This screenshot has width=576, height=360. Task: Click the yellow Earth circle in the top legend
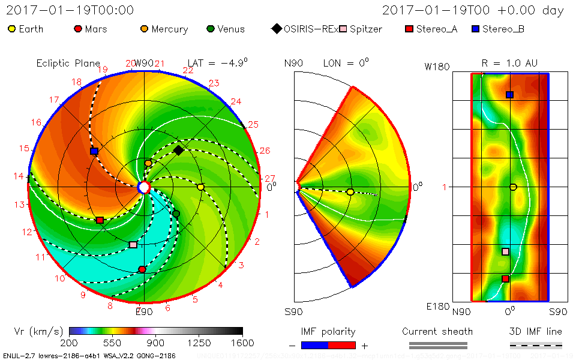[x=12, y=29]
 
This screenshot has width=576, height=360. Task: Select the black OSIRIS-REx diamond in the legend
[x=276, y=29]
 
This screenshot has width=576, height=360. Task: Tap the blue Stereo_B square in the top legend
[x=475, y=29]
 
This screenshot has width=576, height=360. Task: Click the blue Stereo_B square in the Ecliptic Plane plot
[x=94, y=151]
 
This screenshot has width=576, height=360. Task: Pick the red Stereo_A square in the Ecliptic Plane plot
[x=100, y=221]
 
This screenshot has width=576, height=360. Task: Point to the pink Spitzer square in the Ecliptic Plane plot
[x=133, y=245]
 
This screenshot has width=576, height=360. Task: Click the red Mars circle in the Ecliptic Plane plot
[x=142, y=269]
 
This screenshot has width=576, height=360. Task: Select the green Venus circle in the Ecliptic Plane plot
[x=176, y=214]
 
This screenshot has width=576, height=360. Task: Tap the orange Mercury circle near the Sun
[x=148, y=163]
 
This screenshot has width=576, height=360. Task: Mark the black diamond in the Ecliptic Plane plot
[x=178, y=150]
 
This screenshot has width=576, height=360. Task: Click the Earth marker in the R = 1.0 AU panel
[x=513, y=187]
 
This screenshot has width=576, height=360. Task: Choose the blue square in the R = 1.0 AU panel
[x=509, y=95]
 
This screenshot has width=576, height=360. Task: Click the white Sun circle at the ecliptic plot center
[x=143, y=187]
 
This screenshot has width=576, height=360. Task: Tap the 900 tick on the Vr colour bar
[x=156, y=343]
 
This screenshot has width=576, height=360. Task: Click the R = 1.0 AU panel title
[x=509, y=63]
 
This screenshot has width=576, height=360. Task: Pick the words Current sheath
[x=437, y=331]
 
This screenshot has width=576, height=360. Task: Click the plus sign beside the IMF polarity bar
[x=364, y=346]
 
